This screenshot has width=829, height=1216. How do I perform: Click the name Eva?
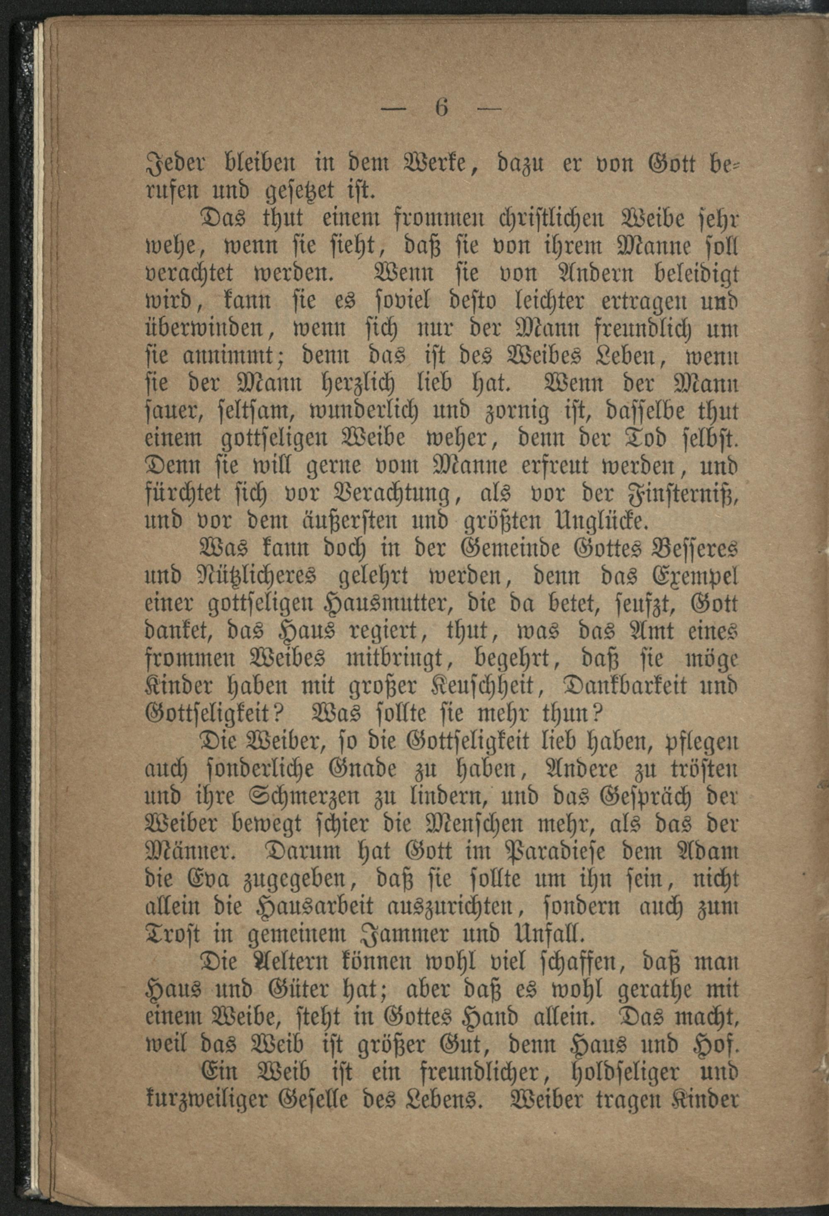212,879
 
